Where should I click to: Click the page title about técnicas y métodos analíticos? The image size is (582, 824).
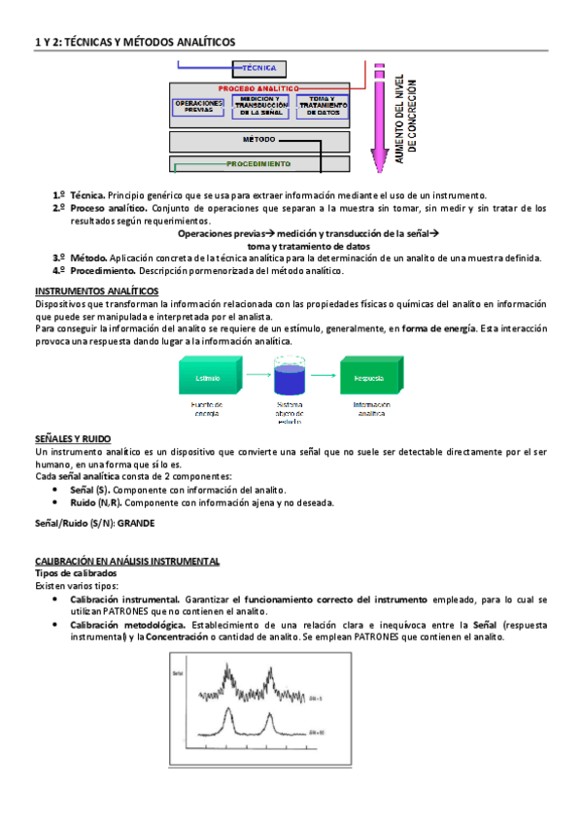[x=135, y=42]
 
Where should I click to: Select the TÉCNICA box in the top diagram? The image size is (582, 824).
[x=258, y=69]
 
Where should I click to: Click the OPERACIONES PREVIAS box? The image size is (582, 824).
[x=198, y=107]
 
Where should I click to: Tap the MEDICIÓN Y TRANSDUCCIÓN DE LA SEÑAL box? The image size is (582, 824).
[x=259, y=106]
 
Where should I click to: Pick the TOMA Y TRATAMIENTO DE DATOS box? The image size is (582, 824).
[x=322, y=106]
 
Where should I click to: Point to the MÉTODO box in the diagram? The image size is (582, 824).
[x=259, y=140]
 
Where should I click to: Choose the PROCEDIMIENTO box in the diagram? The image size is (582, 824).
[x=259, y=164]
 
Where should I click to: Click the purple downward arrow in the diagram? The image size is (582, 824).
[x=378, y=117]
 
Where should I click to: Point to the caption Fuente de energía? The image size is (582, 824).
[x=206, y=409]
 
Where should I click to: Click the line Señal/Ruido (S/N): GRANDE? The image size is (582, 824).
[x=94, y=525]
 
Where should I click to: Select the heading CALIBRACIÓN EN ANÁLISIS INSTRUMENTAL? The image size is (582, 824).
[x=127, y=562]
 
